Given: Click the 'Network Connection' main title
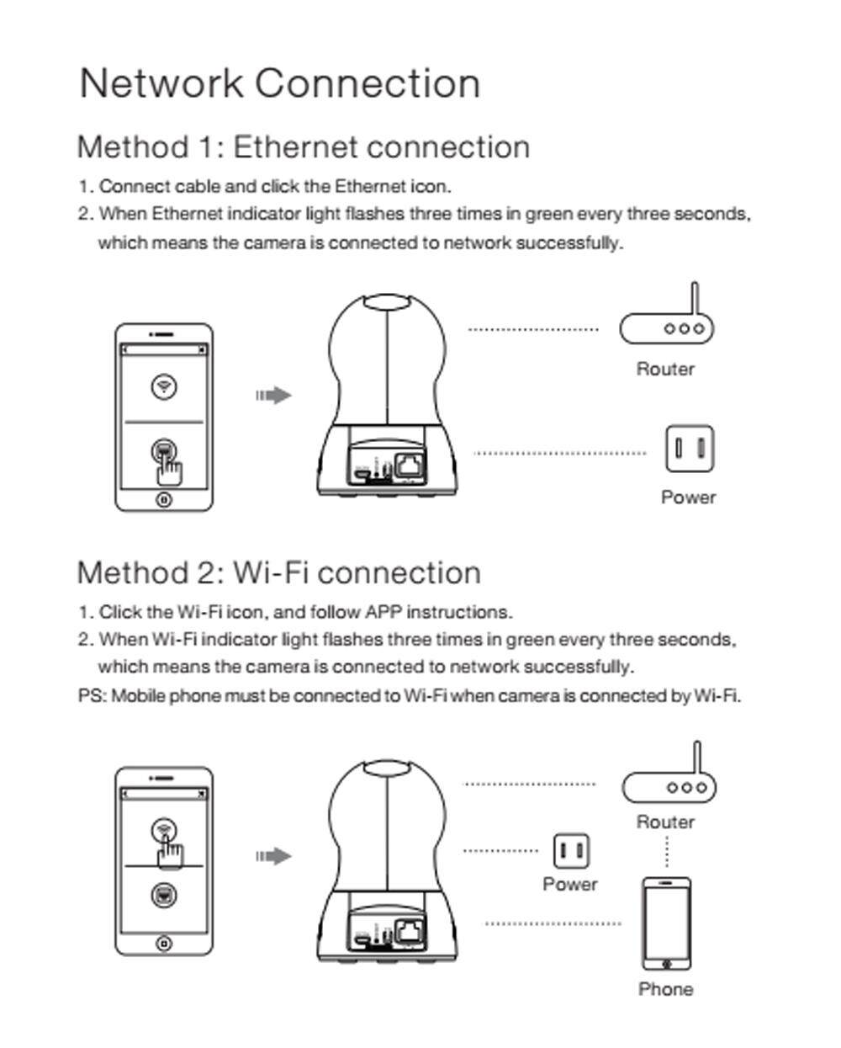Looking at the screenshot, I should click(x=279, y=83).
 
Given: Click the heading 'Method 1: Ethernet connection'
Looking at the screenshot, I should click(x=303, y=147).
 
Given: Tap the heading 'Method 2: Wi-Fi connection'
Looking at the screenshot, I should click(x=278, y=573).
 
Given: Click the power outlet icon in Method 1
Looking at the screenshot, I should click(x=689, y=449).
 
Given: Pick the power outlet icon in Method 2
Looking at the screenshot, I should click(x=571, y=851).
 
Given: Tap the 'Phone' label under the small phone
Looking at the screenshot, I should click(x=666, y=989).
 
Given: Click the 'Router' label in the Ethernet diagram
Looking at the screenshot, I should click(x=665, y=370).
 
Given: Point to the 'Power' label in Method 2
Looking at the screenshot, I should click(x=570, y=885).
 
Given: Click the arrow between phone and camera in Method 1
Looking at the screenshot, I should click(x=273, y=396).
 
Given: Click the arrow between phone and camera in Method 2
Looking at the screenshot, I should click(x=273, y=856).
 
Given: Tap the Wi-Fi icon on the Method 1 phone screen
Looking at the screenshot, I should click(x=163, y=386).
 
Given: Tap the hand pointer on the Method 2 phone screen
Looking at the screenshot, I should click(x=170, y=854).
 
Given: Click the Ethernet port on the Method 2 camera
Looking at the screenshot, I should click(x=410, y=930).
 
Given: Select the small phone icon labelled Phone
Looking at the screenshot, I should click(x=666, y=923).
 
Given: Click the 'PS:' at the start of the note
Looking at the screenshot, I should click(x=92, y=696).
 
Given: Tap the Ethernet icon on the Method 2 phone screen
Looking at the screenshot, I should click(x=163, y=895).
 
